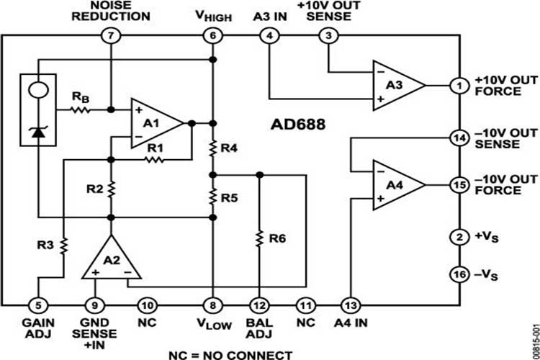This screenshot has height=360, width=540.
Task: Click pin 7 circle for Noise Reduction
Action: (x=110, y=35)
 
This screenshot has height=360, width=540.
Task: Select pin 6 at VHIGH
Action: (x=212, y=35)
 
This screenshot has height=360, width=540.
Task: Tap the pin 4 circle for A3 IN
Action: (x=269, y=35)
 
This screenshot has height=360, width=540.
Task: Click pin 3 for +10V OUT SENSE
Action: (x=329, y=35)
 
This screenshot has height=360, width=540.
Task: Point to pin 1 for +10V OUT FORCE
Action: (x=459, y=85)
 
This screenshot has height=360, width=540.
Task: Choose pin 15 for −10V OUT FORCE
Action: (x=459, y=185)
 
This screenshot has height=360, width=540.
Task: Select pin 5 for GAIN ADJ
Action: (x=39, y=305)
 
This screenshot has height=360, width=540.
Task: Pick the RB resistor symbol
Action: (x=78, y=110)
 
